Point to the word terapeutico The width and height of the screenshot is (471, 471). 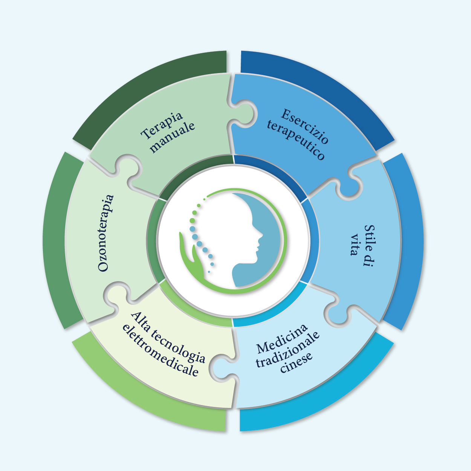[296, 140]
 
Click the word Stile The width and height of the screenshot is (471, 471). [369, 246]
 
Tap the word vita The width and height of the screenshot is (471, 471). [354, 245]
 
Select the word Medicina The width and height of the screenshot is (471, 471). [282, 338]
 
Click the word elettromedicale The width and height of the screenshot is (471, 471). [161, 351]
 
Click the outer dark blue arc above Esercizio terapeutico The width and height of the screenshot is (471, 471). [320, 90]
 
